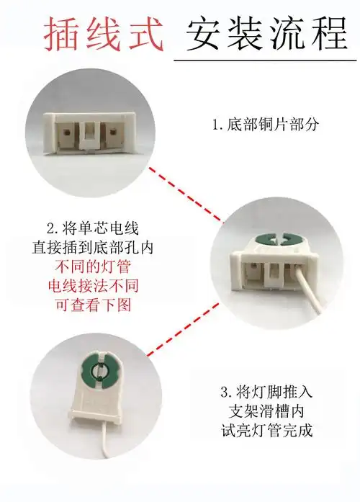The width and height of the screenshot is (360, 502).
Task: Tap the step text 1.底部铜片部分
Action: (265, 125)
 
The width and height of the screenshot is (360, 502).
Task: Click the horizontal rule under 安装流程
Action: (266, 60)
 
